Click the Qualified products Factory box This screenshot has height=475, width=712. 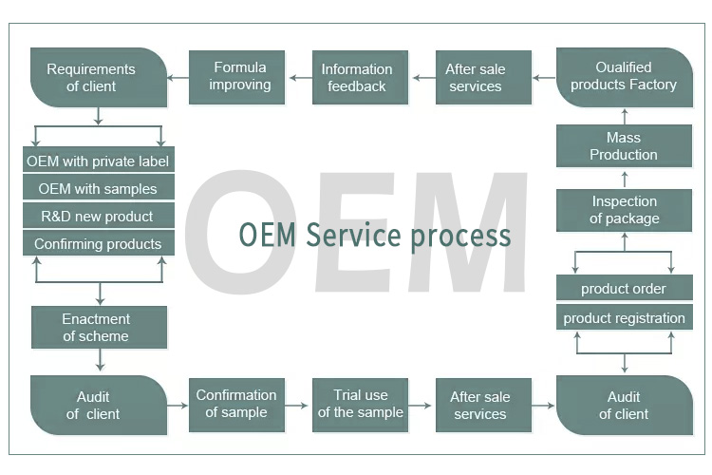624,77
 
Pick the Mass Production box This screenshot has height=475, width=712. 624,146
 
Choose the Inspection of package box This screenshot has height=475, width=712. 624,210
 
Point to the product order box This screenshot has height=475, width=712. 624,289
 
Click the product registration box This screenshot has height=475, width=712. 624,318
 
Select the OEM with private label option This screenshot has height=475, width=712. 98,161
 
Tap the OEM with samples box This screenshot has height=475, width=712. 98,189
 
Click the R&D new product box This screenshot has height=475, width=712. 98,217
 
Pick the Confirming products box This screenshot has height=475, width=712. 98,244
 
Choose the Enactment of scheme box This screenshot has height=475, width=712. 98,328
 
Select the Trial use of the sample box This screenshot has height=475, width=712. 360,404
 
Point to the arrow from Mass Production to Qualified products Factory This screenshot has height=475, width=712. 624,116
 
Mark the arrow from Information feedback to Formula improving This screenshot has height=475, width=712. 301,78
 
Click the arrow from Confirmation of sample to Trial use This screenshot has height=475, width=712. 298,405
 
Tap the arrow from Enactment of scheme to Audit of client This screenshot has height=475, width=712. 99,360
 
